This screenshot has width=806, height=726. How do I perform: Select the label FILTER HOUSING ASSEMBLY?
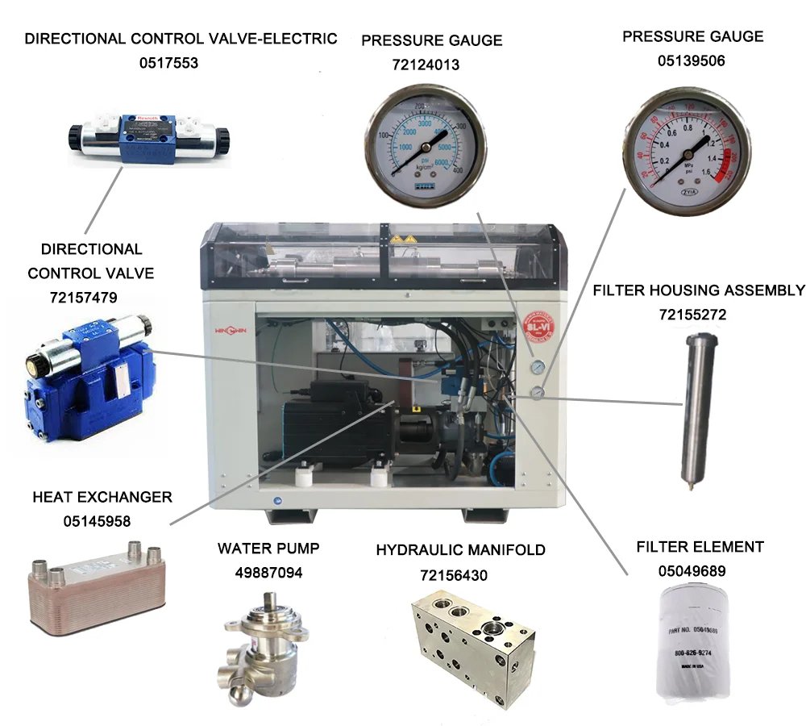(x=698, y=290)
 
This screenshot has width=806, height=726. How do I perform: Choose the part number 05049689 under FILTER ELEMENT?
(x=691, y=571)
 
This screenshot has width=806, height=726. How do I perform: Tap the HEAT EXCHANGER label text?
(x=102, y=497)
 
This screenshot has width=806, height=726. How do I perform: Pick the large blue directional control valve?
(x=84, y=378)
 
